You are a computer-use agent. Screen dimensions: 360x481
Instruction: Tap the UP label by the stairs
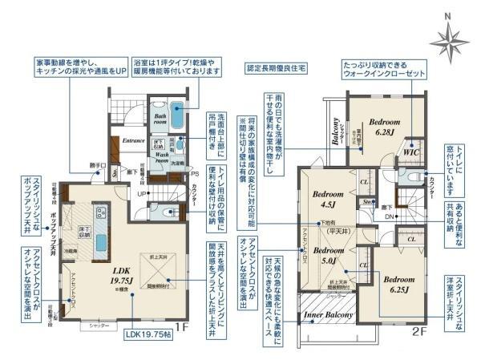click(141, 194)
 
